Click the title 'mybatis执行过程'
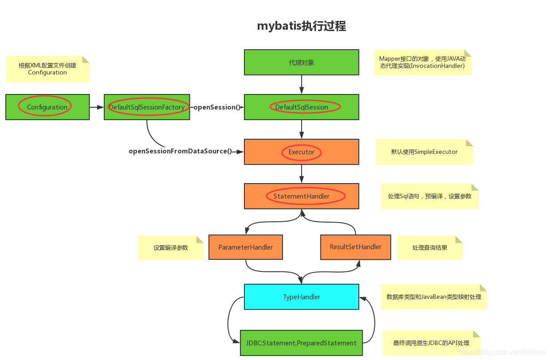(301, 26)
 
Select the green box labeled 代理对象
(301, 63)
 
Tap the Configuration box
(47, 107)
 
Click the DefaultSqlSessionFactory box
(147, 107)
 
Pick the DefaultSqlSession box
(301, 107)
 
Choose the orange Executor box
(301, 152)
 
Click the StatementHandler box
(301, 196)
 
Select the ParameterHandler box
(246, 247)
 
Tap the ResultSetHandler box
(355, 247)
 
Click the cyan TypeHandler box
(301, 297)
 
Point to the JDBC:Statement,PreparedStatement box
(301, 343)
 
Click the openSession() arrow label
(217, 107)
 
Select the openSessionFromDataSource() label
(181, 151)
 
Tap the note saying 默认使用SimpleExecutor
(424, 152)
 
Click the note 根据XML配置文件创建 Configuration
(47, 69)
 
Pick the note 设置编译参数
(171, 248)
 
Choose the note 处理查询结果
(429, 248)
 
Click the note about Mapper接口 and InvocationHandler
(422, 63)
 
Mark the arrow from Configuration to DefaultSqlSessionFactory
(97, 107)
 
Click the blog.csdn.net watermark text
(502, 352)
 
